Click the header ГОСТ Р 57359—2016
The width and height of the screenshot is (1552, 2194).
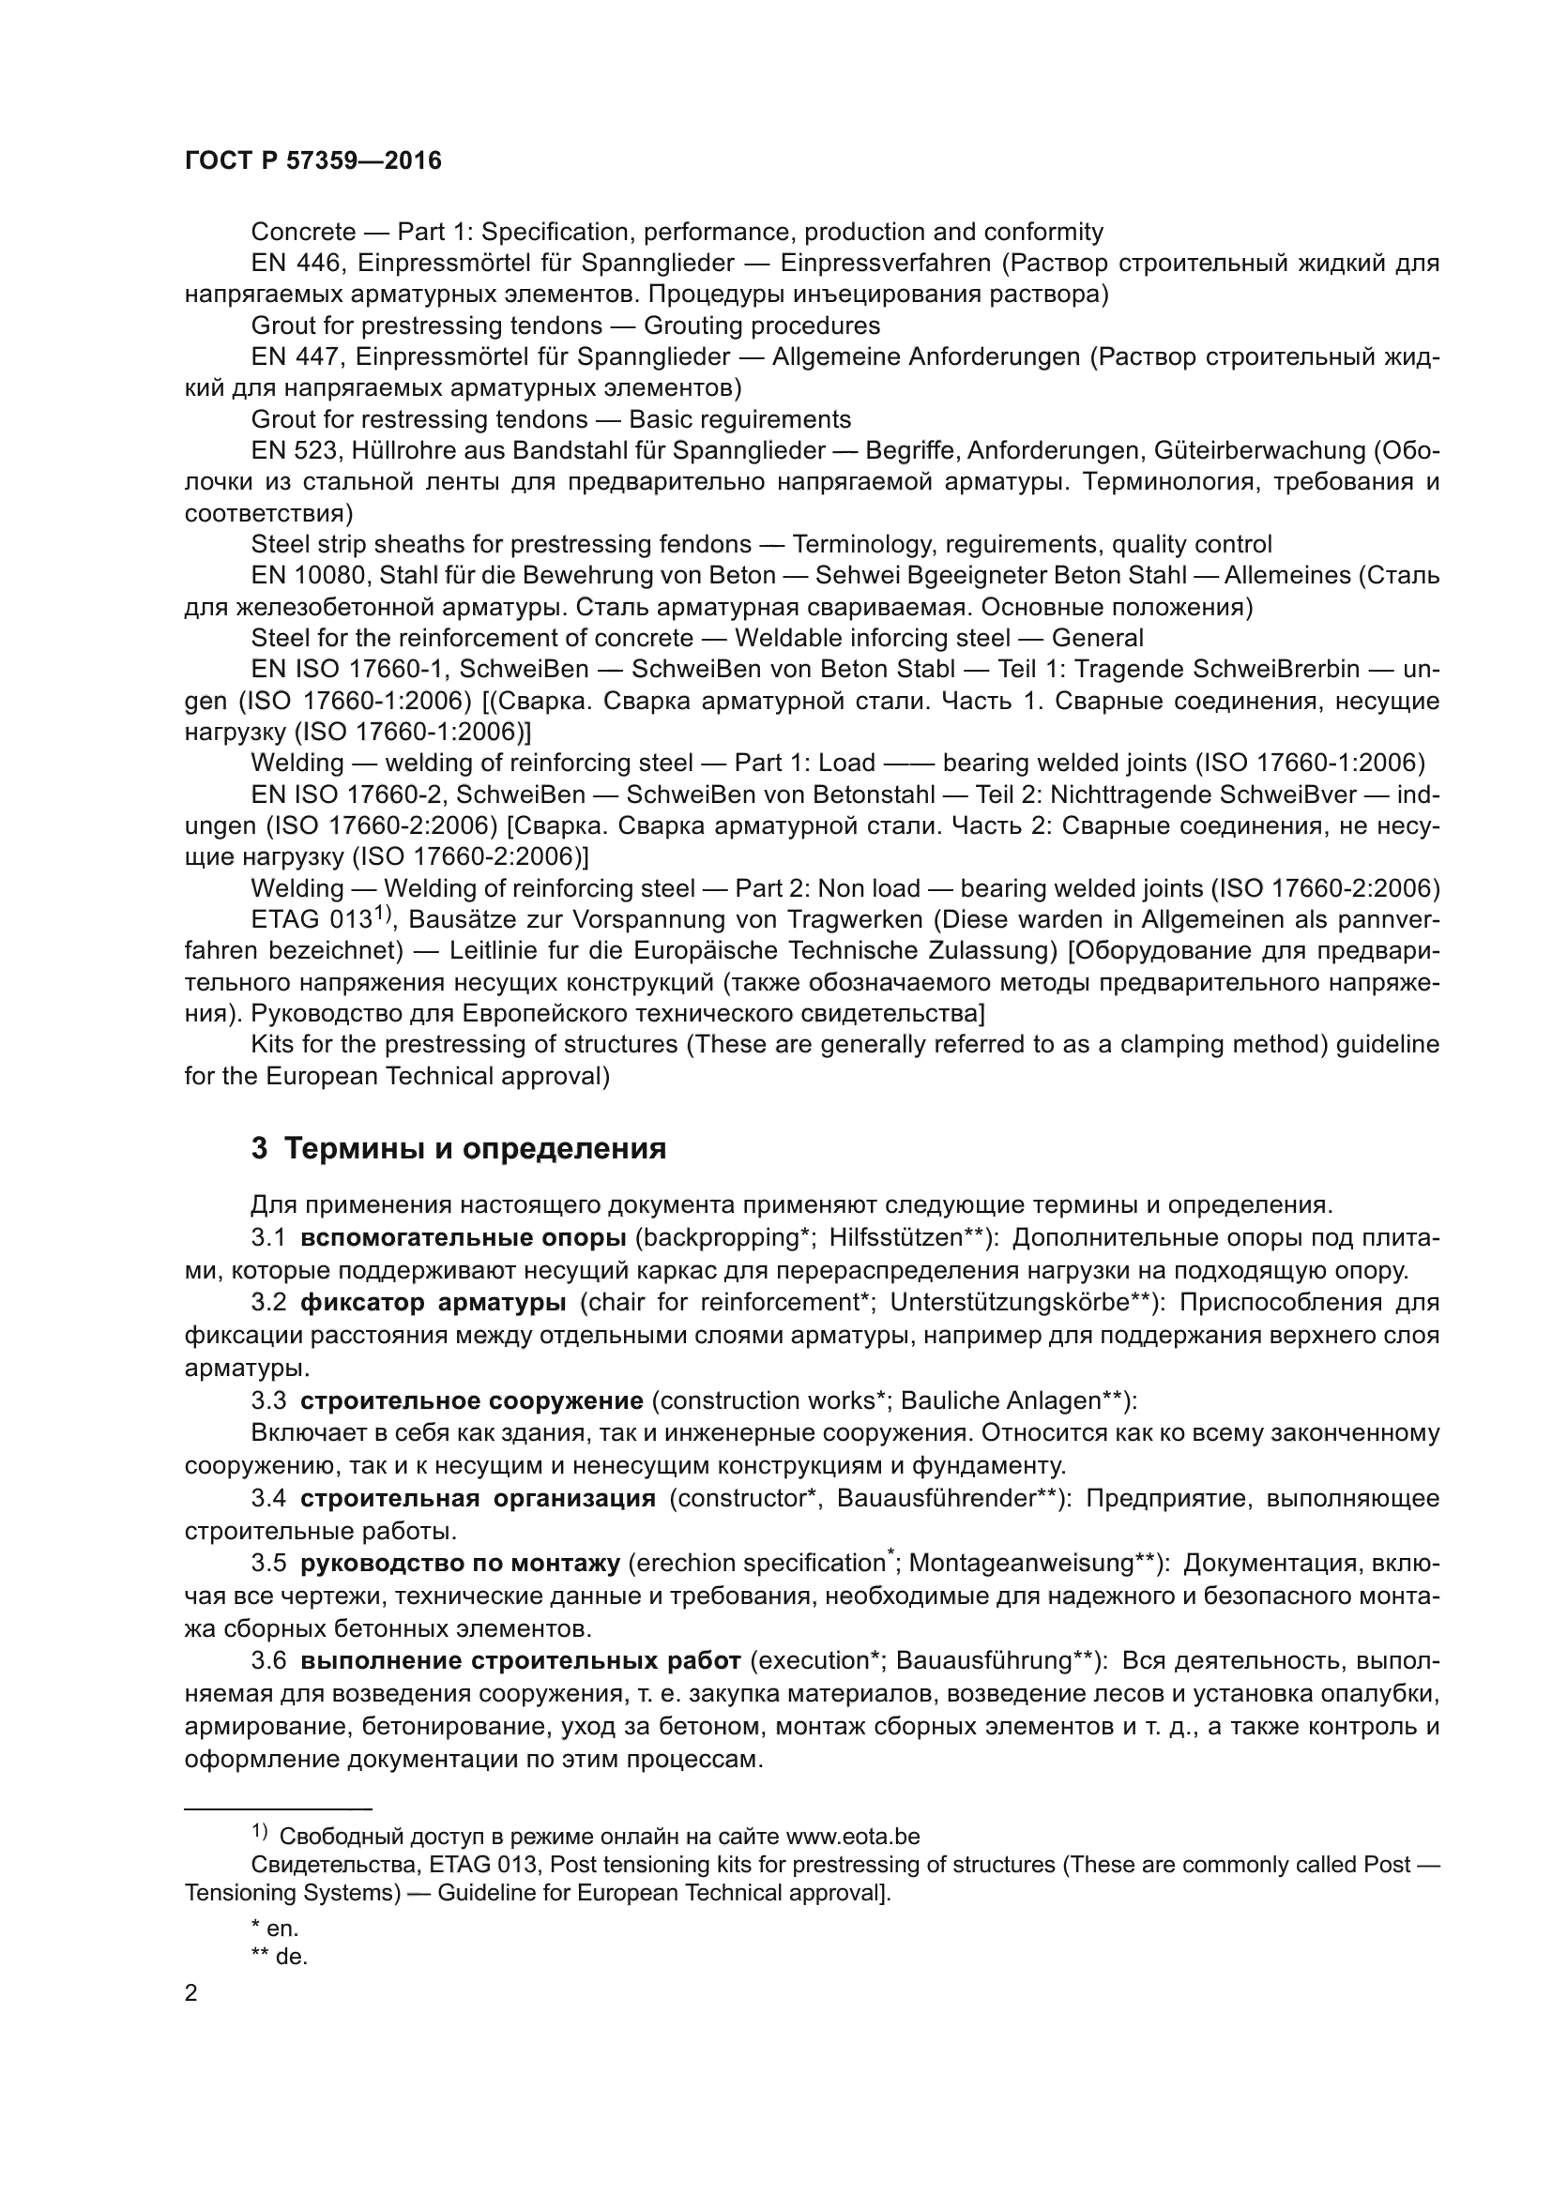tap(312, 160)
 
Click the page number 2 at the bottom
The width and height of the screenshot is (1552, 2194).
tap(191, 1992)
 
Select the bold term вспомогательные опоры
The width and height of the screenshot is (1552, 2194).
tap(463, 1237)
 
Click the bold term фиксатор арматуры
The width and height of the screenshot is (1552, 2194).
tap(433, 1303)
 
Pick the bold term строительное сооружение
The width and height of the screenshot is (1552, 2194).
tap(471, 1400)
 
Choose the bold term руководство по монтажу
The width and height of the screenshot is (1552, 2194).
tap(460, 1564)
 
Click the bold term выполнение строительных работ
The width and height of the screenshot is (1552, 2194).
tap(521, 1661)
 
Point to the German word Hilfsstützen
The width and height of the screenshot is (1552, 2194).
tap(895, 1237)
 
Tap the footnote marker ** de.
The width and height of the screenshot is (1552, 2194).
tap(279, 1956)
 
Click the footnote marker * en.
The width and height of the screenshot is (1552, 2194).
tap(275, 1929)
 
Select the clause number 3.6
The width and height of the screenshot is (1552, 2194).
tap(268, 1661)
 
